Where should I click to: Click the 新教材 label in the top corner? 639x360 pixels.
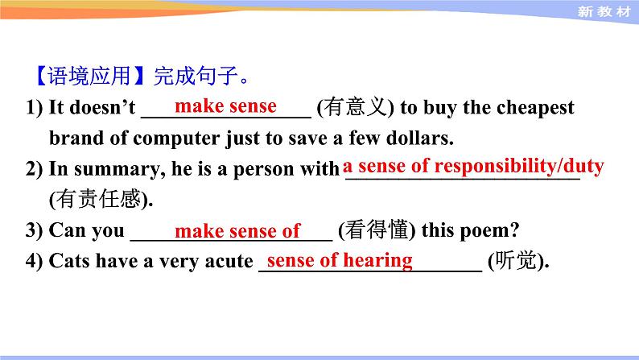606,11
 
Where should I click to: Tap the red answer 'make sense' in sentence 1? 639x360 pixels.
225,106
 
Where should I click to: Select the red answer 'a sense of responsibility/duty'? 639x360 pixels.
473,167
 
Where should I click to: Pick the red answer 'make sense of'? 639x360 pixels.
237,232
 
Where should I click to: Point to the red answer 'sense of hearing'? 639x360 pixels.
340,260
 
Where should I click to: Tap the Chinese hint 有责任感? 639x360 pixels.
100,198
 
